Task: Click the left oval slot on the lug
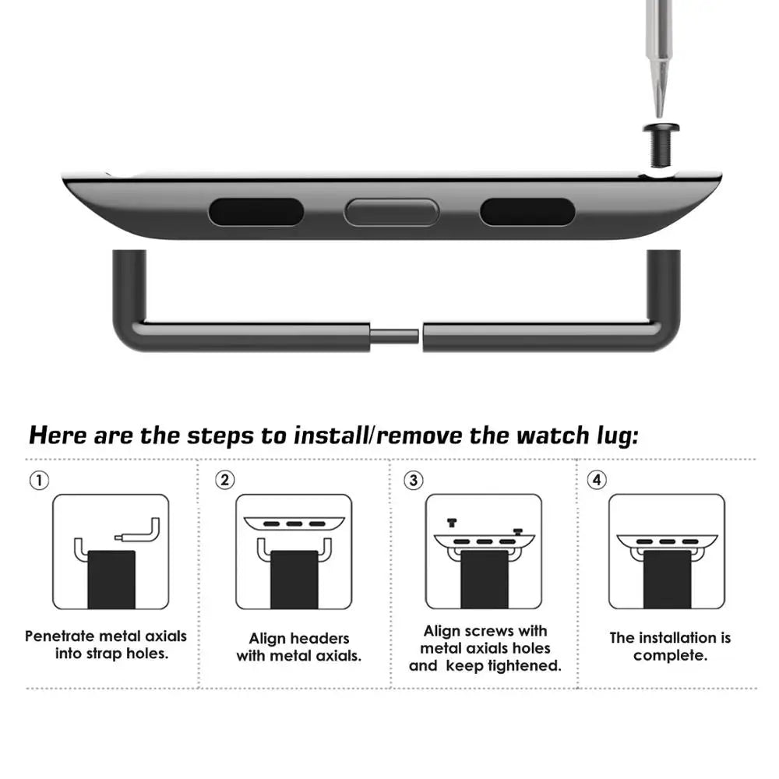tap(256, 212)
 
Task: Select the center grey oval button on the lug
tap(392, 212)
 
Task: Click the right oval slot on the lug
tap(527, 212)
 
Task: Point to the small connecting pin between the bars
tap(395, 337)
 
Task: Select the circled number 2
tap(224, 480)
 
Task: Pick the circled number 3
tap(413, 480)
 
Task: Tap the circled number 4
tap(597, 480)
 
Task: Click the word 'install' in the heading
tap(330, 435)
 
